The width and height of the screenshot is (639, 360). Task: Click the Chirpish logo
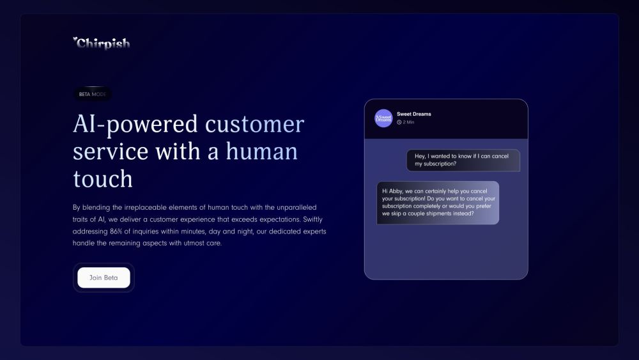click(102, 43)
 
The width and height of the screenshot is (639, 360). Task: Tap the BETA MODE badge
click(93, 94)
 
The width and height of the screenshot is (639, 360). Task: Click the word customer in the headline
click(254, 124)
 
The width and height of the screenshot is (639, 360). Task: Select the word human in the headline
click(262, 152)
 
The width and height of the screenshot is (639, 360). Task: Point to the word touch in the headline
click(103, 179)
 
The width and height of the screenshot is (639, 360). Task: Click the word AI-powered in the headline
click(135, 124)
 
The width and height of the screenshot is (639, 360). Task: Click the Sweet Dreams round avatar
click(383, 118)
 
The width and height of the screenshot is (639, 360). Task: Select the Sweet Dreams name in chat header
click(414, 114)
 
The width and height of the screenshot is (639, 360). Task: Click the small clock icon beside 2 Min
click(399, 122)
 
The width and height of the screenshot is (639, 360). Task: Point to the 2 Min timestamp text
click(409, 122)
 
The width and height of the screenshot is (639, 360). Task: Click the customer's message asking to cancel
click(463, 160)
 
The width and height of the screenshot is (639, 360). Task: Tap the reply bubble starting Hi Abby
click(438, 202)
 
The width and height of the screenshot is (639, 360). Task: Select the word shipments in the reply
click(438, 214)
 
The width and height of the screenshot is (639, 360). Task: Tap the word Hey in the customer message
click(420, 155)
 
